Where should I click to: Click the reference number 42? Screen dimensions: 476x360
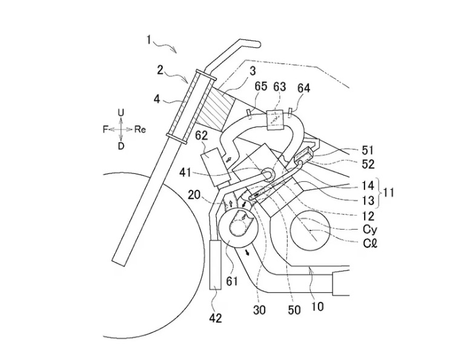click(x=215, y=318)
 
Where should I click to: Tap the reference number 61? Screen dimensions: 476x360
click(x=232, y=281)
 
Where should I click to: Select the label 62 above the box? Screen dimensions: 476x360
click(x=202, y=136)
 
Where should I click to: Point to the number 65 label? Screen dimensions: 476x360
click(x=261, y=86)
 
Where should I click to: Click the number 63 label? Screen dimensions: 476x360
click(x=280, y=87)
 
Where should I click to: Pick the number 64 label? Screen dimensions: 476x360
click(x=303, y=88)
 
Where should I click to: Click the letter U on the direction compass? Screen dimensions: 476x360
click(x=121, y=113)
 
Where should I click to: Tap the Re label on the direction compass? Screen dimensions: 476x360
click(x=140, y=130)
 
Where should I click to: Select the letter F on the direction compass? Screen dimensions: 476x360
click(x=105, y=130)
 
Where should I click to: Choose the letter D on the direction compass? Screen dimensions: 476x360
click(x=121, y=147)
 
